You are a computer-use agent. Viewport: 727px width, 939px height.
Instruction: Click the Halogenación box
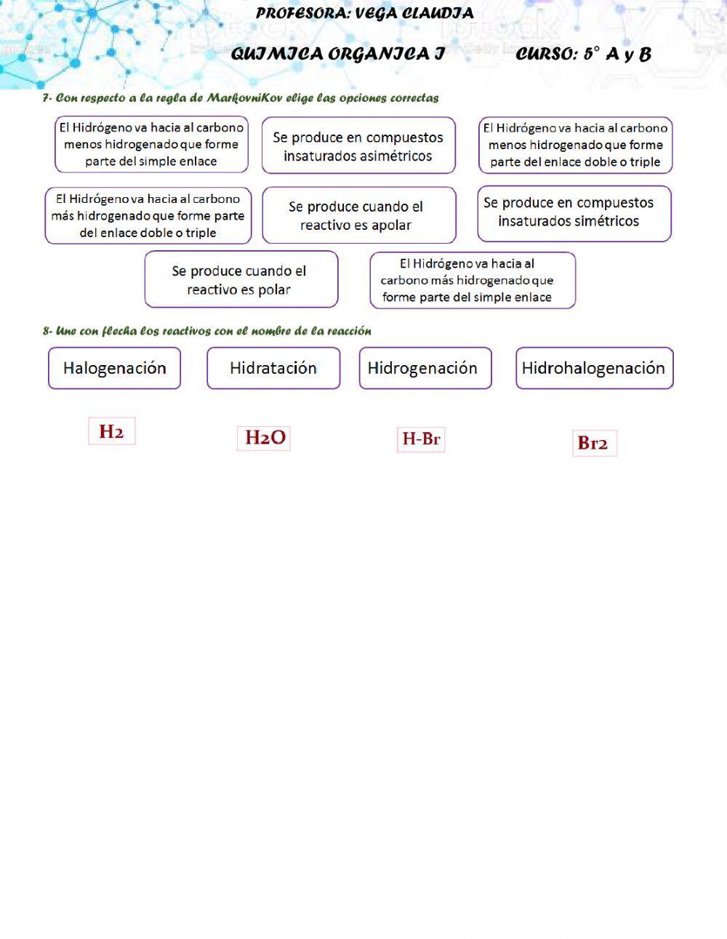point(114,368)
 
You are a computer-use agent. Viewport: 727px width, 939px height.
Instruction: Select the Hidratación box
point(273,368)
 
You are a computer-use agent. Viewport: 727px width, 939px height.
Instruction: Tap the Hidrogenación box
point(425,368)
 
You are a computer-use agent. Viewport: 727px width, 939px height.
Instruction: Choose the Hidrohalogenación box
point(594,368)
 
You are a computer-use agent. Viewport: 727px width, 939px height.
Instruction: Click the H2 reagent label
point(112,432)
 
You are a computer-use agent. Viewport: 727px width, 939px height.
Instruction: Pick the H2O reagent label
point(264,438)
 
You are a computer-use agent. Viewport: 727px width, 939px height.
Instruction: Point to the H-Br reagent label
point(421,439)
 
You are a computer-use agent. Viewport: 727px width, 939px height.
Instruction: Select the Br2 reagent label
point(593,443)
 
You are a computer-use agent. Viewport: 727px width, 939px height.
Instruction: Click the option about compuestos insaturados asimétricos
point(358,146)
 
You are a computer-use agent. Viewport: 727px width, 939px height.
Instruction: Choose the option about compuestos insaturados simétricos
point(574,212)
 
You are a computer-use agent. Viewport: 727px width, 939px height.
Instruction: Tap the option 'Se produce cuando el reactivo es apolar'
point(358,215)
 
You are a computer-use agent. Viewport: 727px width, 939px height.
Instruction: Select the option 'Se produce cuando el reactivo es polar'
point(241,280)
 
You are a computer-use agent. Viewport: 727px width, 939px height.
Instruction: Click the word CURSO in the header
point(545,55)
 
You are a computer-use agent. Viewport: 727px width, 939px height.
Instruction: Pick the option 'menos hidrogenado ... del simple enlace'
point(151,145)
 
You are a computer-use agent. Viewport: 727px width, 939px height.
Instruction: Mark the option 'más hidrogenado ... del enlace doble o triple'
point(148,216)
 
